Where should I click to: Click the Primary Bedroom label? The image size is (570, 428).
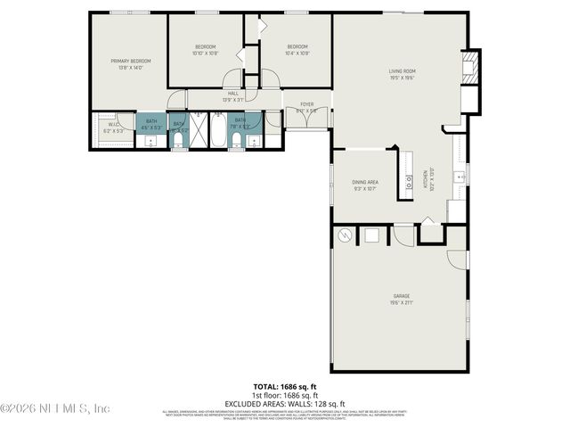click(x=131, y=61)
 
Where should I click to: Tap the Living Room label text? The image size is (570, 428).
click(x=402, y=70)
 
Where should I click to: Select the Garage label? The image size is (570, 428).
click(x=402, y=295)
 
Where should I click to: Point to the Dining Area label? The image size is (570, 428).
click(x=366, y=182)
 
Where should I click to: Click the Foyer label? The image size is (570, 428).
click(x=306, y=103)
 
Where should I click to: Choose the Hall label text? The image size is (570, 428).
click(x=232, y=94)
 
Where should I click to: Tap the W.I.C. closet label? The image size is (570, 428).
click(x=114, y=125)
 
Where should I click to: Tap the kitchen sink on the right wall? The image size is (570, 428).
click(x=460, y=177)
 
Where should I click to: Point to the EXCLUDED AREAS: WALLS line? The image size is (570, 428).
click(x=285, y=404)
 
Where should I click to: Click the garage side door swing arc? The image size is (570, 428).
click(x=456, y=259)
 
